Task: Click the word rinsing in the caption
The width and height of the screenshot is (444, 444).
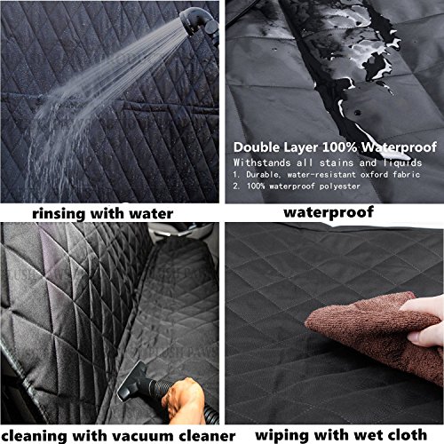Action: click(59, 213)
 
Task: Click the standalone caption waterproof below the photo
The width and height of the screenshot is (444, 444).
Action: click(329, 213)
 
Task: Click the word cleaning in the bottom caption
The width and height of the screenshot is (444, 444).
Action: click(35, 436)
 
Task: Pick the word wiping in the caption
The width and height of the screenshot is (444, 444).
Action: click(282, 436)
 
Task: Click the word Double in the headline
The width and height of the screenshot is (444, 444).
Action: click(257, 147)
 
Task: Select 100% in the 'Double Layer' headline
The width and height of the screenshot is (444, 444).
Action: click(340, 147)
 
